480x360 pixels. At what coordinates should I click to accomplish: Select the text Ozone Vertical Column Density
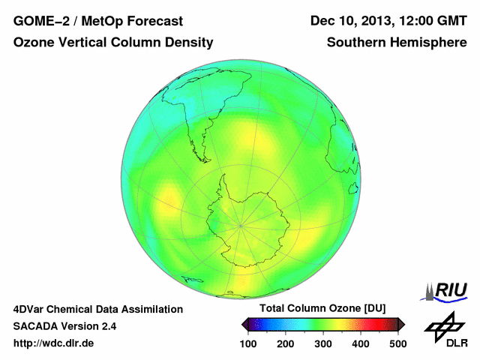pos(113,43)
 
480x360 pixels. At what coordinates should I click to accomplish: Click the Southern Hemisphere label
pos(397,43)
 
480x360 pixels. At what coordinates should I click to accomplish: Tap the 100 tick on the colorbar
pos(248,343)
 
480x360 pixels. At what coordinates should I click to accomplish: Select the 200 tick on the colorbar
pos(286,343)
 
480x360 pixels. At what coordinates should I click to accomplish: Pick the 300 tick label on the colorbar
pos(323,343)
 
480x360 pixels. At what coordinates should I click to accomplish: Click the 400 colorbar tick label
pos(361,343)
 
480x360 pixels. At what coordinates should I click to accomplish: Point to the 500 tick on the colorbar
pos(397,343)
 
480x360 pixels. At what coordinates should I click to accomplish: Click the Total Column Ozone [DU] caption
pos(322,308)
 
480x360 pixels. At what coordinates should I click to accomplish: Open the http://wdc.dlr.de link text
pos(54,343)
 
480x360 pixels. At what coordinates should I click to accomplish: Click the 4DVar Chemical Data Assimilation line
pos(97,309)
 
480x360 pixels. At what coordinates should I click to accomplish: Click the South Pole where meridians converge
pos(240,225)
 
